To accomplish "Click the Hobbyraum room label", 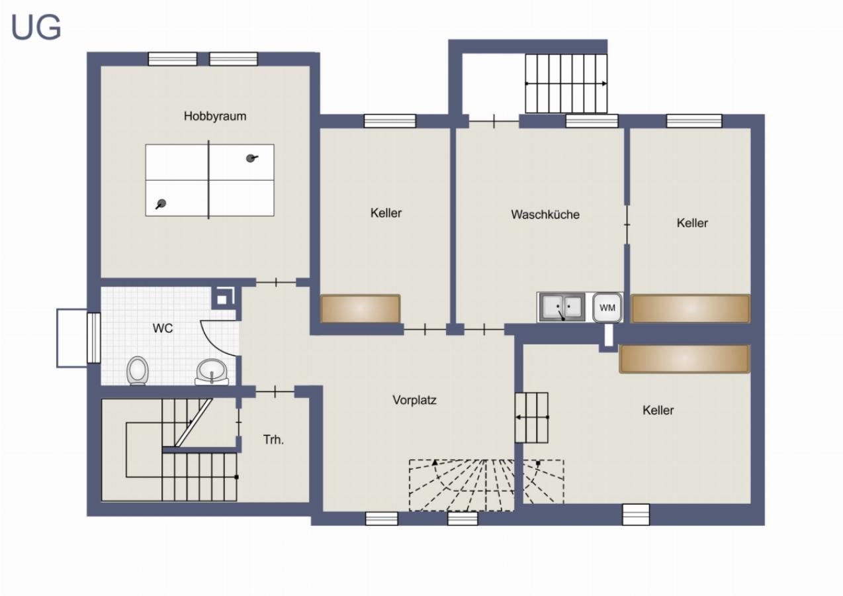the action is click(x=215, y=116).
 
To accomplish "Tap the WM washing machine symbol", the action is click(x=607, y=307).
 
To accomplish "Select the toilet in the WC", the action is click(x=138, y=371).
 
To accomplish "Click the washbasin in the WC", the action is click(x=212, y=372).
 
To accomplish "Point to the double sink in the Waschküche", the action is click(x=562, y=308).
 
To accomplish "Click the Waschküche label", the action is click(x=545, y=215).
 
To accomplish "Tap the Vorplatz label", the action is click(x=414, y=400).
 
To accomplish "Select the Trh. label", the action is click(x=273, y=440).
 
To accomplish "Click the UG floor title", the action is click(x=36, y=28).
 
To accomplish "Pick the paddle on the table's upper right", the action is click(x=251, y=158).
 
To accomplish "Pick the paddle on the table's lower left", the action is click(x=161, y=204).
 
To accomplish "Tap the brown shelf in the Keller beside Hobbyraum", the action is click(x=360, y=309).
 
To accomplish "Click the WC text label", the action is click(x=163, y=328).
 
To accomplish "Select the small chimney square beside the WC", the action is click(x=223, y=299).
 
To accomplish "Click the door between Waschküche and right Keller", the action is click(x=627, y=224).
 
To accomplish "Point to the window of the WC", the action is click(x=94, y=338).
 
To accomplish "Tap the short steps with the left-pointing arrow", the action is click(x=531, y=417).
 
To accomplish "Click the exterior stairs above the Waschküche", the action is click(x=566, y=83).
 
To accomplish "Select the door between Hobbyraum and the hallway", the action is click(x=276, y=282).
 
